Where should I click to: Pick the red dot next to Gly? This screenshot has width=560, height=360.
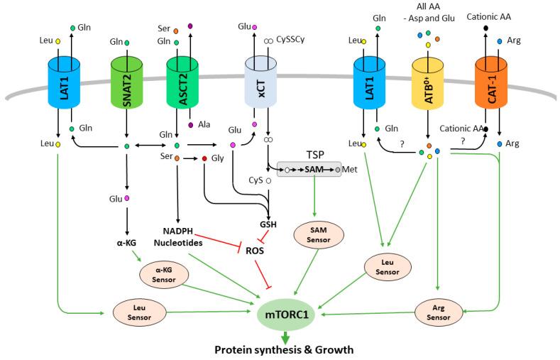[204, 158]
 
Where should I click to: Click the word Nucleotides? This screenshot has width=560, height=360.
[178, 244]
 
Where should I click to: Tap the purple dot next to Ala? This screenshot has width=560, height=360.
[190, 126]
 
